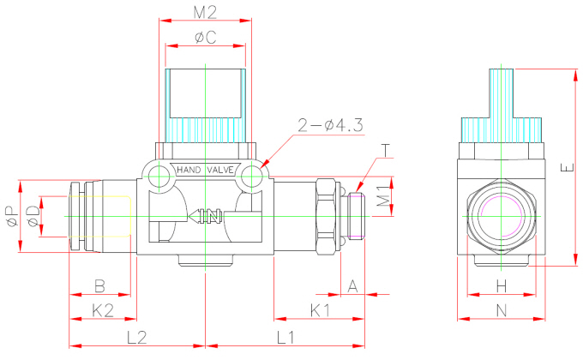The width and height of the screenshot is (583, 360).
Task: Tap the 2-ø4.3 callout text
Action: pyautogui.click(x=330, y=126)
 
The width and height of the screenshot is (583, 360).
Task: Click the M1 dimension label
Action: pyautogui.click(x=386, y=196)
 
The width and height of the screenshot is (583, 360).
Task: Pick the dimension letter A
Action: pyautogui.click(x=352, y=286)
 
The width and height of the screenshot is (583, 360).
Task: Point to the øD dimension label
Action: pyautogui.click(x=32, y=216)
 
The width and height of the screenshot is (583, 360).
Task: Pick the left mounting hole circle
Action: pyautogui.click(x=158, y=177)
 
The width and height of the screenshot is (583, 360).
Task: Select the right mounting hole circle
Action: pyautogui.click(x=251, y=177)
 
